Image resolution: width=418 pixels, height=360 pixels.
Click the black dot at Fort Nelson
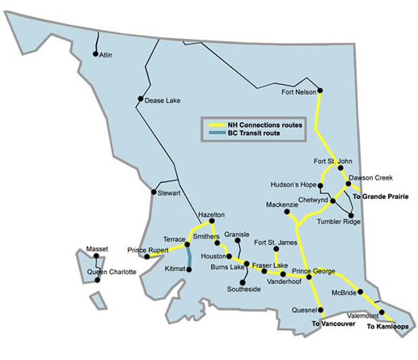tap(321, 90)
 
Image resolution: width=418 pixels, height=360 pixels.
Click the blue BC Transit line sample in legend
tap(216, 133)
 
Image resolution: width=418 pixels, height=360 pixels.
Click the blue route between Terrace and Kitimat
tap(189, 256)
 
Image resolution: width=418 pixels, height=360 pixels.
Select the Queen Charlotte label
tap(112, 273)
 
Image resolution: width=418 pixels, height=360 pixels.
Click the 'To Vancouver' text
tap(333, 323)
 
